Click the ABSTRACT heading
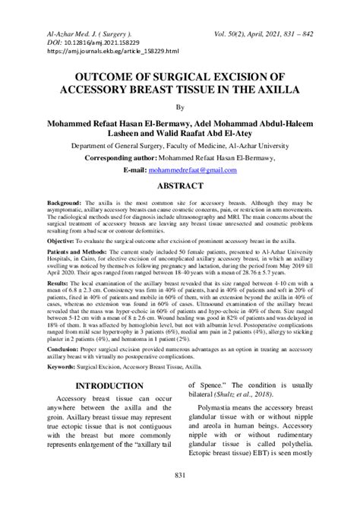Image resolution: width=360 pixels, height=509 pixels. [179, 186]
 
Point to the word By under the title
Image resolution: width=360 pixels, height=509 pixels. [180, 108]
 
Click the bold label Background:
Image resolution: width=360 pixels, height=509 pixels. [64, 205]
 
